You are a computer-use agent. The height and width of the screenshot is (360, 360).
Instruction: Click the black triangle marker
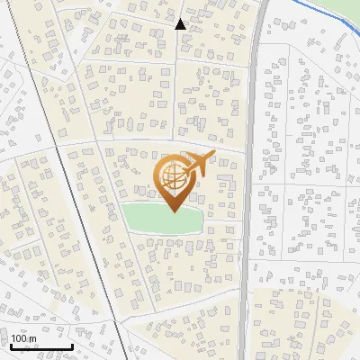coord(180,24)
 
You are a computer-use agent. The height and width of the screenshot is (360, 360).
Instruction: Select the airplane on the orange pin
coord(198,164)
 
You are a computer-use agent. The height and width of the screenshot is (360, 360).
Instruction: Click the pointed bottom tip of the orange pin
coord(173,211)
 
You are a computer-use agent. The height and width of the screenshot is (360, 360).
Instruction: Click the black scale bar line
coord(40,346)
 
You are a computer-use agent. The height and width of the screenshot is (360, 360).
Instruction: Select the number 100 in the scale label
coord(19,338)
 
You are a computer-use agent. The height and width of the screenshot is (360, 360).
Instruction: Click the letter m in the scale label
coord(32,338)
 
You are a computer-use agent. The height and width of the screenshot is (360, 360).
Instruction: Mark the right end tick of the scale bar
coord(72,345)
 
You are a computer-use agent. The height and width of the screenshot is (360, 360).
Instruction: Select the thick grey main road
coord(249,180)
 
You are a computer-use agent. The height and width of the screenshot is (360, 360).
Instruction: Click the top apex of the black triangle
coord(180,19)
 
